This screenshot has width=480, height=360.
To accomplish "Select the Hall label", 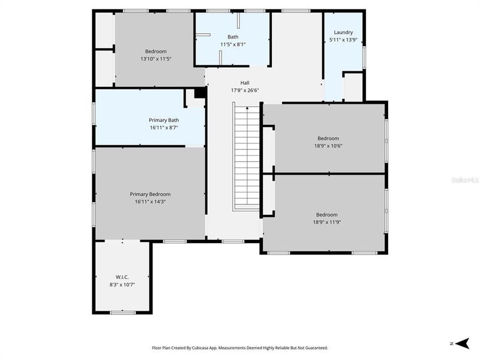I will [244, 83].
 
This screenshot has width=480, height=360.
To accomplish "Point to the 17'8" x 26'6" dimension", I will [244, 91].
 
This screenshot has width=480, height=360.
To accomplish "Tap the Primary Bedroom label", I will [150, 194].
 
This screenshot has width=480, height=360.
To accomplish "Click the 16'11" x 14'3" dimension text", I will [150, 202].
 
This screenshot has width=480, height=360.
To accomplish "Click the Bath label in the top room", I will [233, 37].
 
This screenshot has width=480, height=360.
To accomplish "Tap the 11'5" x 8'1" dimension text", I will [233, 44].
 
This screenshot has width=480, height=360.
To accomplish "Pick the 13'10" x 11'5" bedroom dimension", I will [155, 59].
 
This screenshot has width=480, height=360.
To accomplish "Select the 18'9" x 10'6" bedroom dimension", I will [328, 145].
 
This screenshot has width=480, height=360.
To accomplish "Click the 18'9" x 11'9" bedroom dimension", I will [327, 222].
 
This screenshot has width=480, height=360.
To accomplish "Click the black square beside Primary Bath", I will [200, 93].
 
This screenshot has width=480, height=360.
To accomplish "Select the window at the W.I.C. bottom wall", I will [122, 312].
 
